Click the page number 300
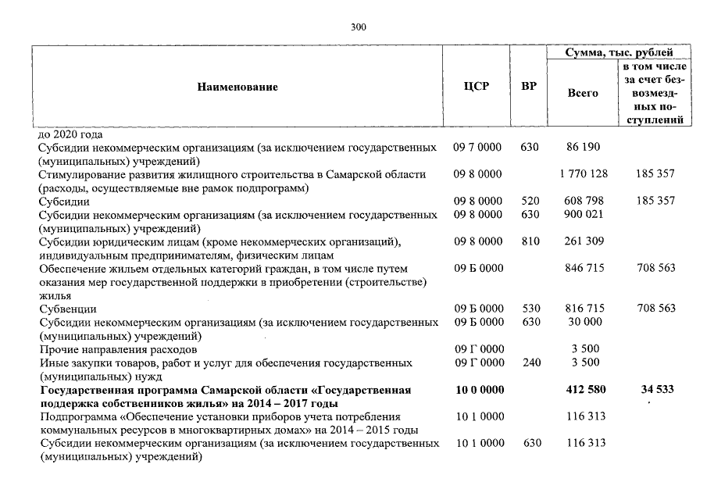pyautogui.click(x=359, y=27)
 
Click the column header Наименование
pyautogui.click(x=237, y=87)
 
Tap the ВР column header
pyautogui.click(x=529, y=87)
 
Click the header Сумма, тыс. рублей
pyautogui.click(x=620, y=53)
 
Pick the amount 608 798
pyautogui.click(x=583, y=201)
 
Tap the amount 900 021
pyautogui.click(x=583, y=214)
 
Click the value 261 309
pyautogui.click(x=583, y=241)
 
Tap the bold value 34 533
pyautogui.click(x=656, y=390)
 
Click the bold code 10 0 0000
pyautogui.click(x=479, y=390)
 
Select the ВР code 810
pyautogui.click(x=530, y=241)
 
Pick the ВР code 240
pyautogui.click(x=530, y=362)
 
